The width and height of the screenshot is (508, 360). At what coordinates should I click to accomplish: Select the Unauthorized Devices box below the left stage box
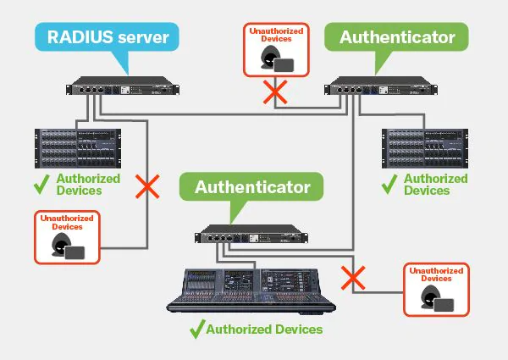click(x=66, y=237)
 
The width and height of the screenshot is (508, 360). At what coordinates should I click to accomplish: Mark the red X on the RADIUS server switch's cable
click(x=148, y=187)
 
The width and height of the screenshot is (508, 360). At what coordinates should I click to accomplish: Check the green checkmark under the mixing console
click(x=196, y=329)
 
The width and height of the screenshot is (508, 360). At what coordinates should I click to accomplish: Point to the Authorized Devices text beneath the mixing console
click(x=265, y=329)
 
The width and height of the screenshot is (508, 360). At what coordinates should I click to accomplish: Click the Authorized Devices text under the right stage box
click(x=435, y=185)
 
